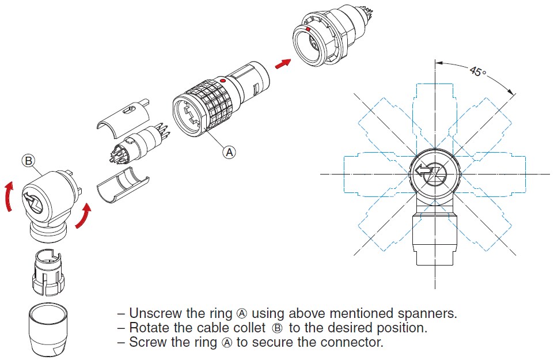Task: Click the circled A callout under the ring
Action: coord(230,152)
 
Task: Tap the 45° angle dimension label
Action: coord(477,72)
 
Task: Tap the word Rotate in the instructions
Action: coord(149,328)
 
